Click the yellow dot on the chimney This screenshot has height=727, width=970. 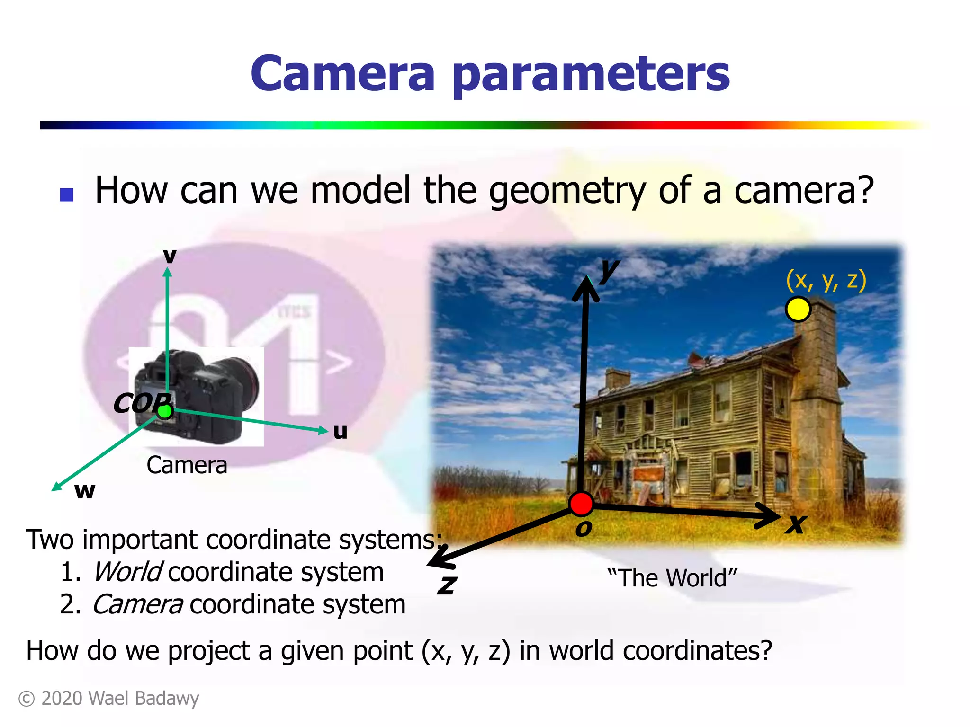point(798,310)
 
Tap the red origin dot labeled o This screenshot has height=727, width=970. point(581,504)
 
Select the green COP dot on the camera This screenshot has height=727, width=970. point(164,411)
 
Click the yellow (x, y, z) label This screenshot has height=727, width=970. point(826,280)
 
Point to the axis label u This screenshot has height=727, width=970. point(340,431)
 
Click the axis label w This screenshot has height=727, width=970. point(85,491)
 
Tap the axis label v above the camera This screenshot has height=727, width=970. point(170,256)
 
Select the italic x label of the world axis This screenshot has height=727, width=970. point(796,524)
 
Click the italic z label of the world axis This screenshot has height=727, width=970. point(447,585)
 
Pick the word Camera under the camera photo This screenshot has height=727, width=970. point(187,465)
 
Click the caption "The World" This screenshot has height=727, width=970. point(672,578)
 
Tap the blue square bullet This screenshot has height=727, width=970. point(67,195)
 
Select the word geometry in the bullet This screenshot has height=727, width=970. point(567,191)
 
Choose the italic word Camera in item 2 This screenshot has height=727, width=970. point(138,604)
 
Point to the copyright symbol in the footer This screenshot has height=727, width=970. point(27,699)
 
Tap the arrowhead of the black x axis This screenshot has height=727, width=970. point(770,515)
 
